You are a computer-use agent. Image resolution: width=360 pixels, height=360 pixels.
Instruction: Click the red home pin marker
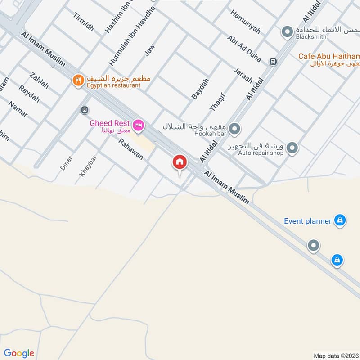(x=179, y=162)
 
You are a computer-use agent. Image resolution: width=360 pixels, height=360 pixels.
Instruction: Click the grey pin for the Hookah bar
(x=234, y=130)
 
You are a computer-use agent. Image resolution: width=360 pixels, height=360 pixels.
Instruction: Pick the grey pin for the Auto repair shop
(x=292, y=148)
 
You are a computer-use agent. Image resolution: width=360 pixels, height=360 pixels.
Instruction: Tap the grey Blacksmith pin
(x=287, y=32)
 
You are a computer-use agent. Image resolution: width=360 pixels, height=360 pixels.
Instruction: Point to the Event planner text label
(x=308, y=221)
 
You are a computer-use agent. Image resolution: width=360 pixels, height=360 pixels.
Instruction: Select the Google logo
(x=19, y=353)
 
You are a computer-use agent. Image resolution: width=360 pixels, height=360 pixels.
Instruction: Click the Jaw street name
(x=149, y=51)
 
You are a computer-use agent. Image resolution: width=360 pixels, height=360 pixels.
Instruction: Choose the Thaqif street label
(x=217, y=102)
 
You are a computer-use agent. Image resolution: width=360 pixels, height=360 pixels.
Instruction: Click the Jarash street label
(x=243, y=75)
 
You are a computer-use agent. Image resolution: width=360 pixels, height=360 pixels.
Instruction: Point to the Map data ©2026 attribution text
(x=336, y=355)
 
